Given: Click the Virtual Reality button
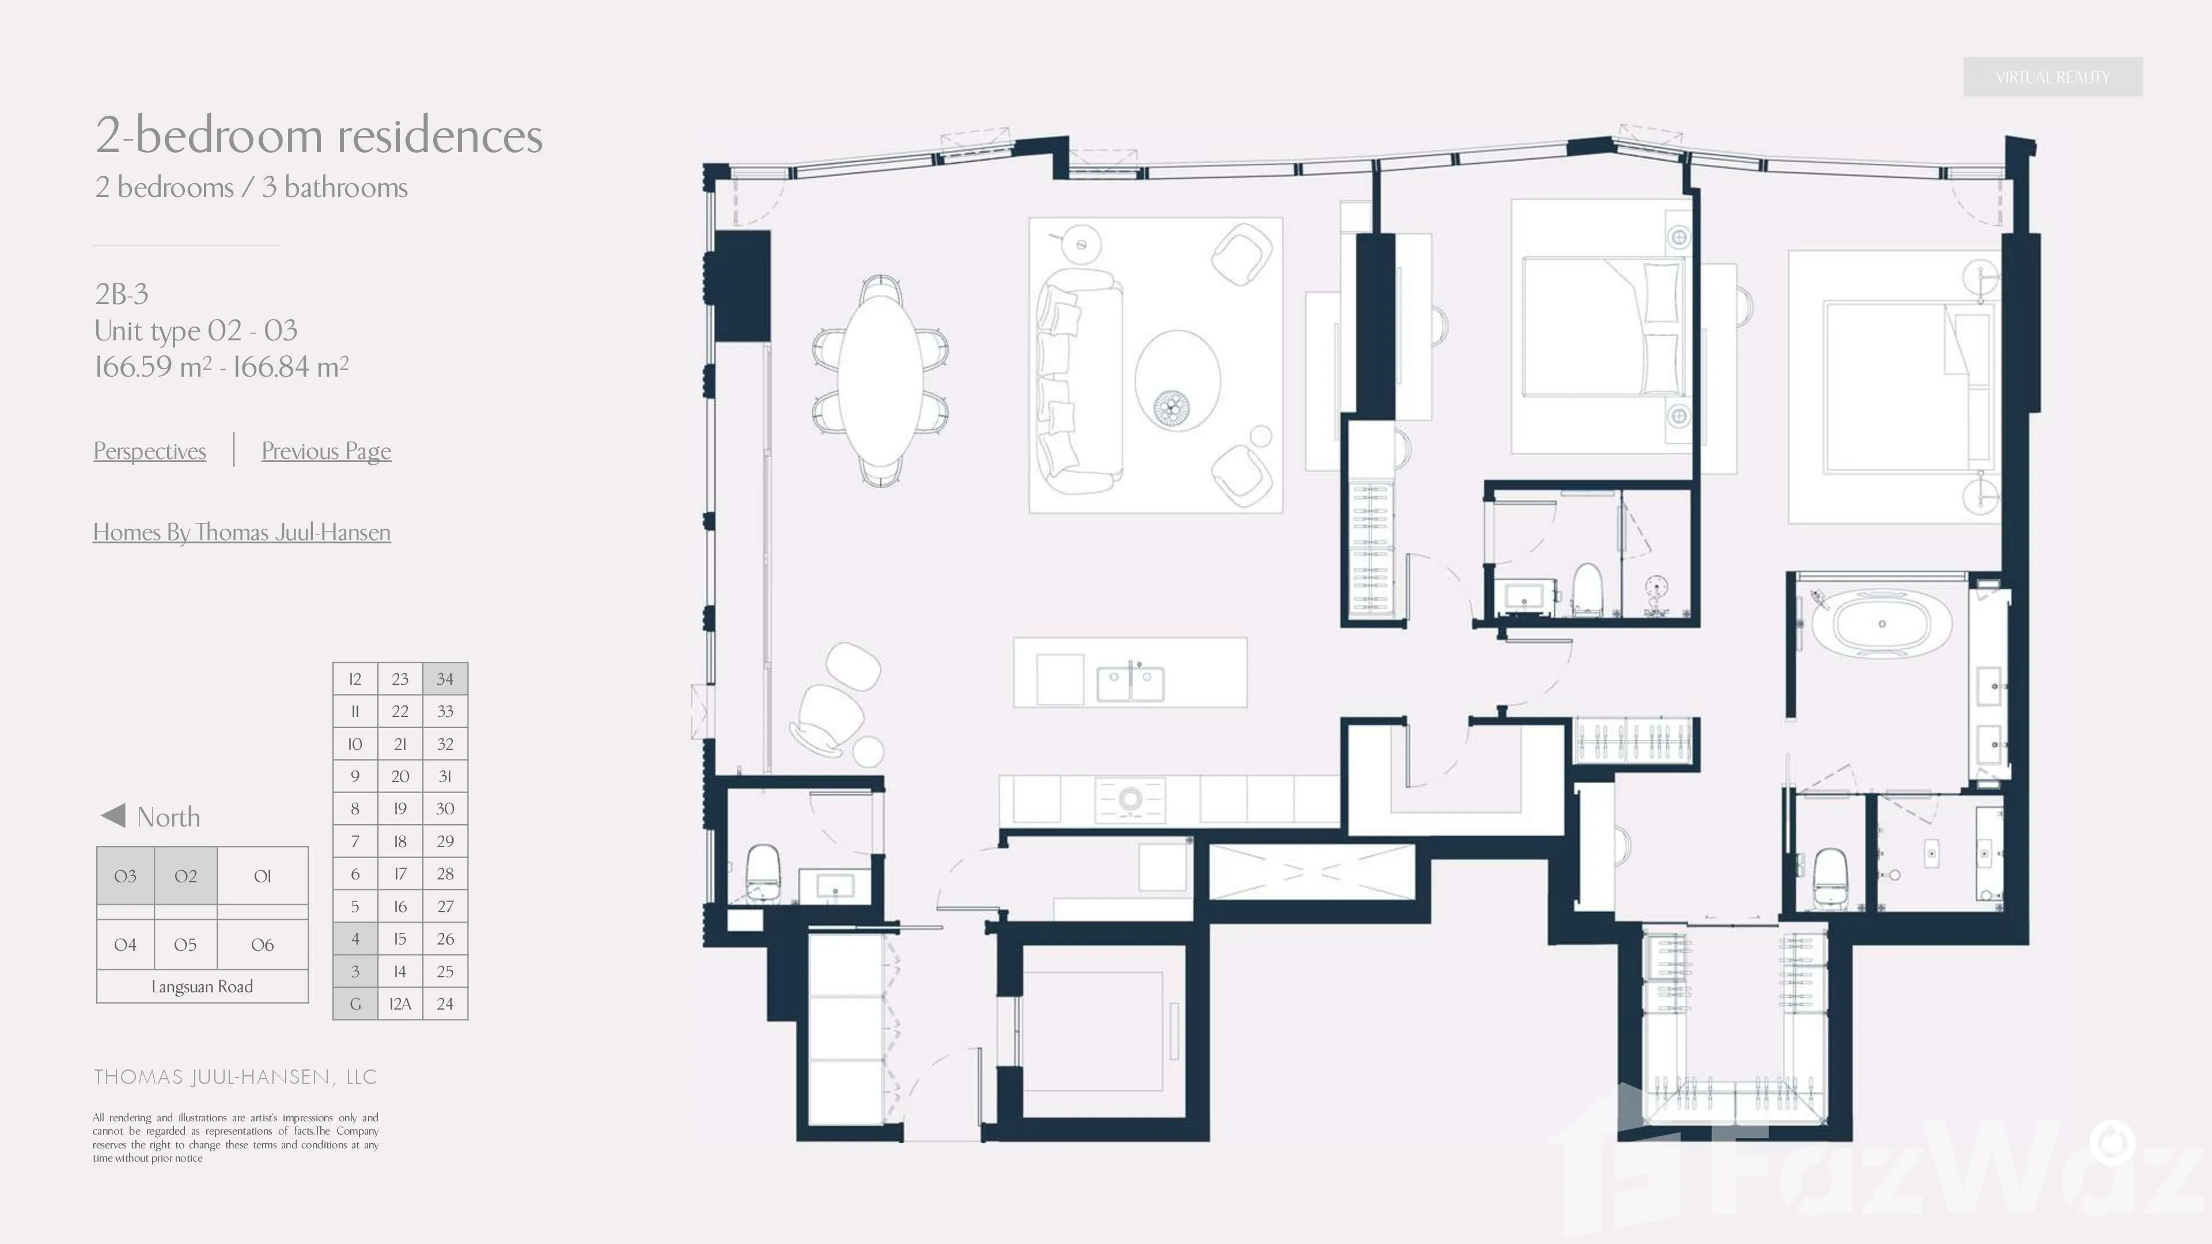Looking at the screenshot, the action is pyautogui.click(x=2052, y=77).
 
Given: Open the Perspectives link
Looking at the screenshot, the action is pyautogui.click(x=149, y=451).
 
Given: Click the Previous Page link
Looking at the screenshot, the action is pyautogui.click(x=326, y=451).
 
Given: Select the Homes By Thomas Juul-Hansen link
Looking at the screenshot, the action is pyautogui.click(x=241, y=532).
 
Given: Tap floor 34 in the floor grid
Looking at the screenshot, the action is pyautogui.click(x=445, y=678).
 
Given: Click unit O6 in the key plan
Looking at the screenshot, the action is pyautogui.click(x=262, y=945).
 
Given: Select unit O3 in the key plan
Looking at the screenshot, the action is pyautogui.click(x=126, y=875).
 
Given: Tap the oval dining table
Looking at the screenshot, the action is pyautogui.click(x=880, y=380).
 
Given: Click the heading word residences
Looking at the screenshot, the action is pyautogui.click(x=440, y=136).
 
